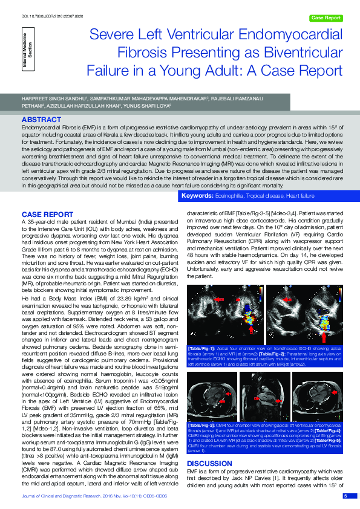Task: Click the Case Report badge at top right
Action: coord(326,18)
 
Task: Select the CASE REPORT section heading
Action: coord(48,215)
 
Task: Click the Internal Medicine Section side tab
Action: coord(28,58)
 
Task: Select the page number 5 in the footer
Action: coord(345,496)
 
